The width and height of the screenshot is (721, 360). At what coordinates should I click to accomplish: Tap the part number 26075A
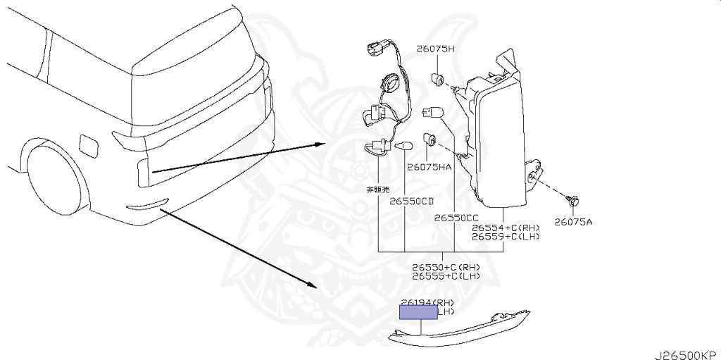pyautogui.click(x=572, y=222)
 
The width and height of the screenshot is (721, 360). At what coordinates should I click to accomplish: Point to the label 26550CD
pyautogui.click(x=412, y=201)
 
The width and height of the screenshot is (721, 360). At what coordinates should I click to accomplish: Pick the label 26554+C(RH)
pyautogui.click(x=506, y=228)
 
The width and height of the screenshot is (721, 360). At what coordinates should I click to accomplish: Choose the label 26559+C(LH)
pyautogui.click(x=506, y=237)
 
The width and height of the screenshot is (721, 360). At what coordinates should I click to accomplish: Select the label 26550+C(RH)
pyautogui.click(x=446, y=267)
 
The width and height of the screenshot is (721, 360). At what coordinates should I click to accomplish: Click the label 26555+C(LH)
pyautogui.click(x=446, y=276)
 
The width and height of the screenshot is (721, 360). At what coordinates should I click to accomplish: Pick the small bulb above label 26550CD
pyautogui.click(x=403, y=147)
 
